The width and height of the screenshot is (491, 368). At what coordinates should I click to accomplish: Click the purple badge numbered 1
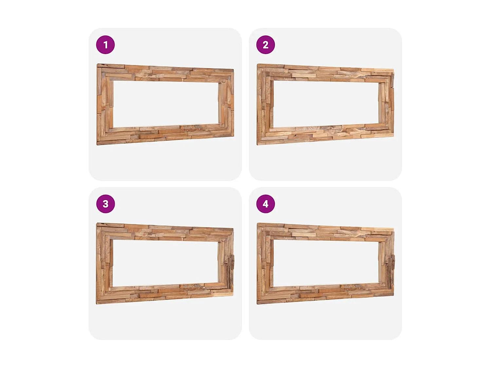[x=105, y=45]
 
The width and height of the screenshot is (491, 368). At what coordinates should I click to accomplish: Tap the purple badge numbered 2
[x=265, y=45]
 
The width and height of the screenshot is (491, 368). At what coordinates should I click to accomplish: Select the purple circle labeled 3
[x=105, y=204]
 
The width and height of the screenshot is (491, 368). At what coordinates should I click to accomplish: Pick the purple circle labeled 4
[x=265, y=204]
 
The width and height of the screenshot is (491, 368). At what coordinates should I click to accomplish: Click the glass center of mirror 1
[x=165, y=103]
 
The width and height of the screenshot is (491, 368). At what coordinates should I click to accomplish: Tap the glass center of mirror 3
[x=165, y=263]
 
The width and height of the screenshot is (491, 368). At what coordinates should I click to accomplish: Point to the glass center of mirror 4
[x=326, y=263]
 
